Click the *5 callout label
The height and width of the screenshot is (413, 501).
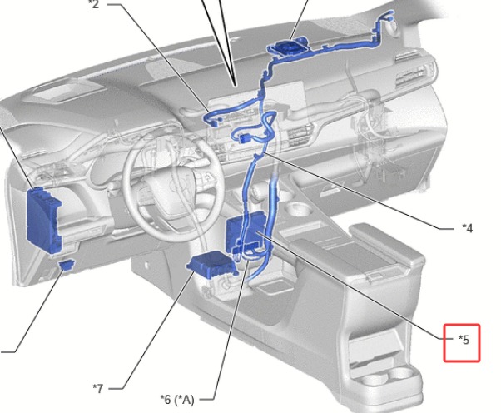tap(464, 340)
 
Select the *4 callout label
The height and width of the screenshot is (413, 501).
tap(467, 228)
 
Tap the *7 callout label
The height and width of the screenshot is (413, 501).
tap(98, 388)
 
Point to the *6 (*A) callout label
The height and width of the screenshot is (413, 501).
tap(177, 399)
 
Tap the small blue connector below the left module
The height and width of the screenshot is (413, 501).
tap(67, 265)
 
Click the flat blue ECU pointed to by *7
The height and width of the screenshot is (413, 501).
tap(211, 264)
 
